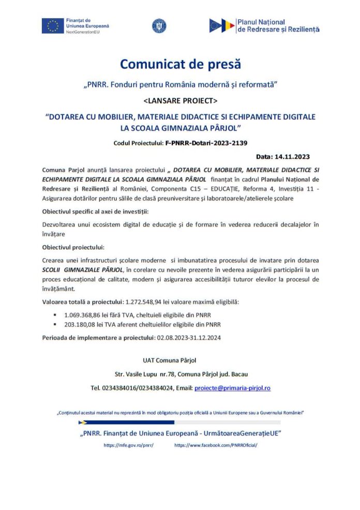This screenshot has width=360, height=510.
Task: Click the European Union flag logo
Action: [x=52, y=26]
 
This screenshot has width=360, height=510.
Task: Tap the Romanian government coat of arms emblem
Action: [x=158, y=26]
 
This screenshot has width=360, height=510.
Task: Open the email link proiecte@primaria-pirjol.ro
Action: [x=232, y=388]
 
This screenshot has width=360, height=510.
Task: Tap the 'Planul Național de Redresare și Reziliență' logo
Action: [x=264, y=26]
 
